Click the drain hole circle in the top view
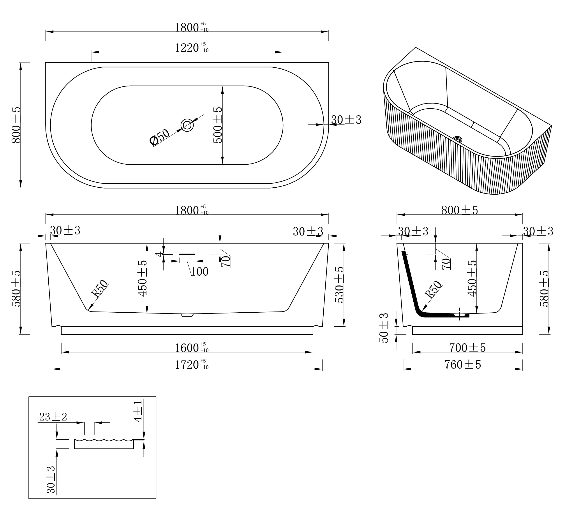[187, 125]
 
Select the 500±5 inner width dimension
[218, 125]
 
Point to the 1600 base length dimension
[192, 348]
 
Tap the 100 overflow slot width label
[200, 272]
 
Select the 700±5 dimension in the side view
[467, 348]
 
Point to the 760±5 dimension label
[463, 364]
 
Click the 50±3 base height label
[384, 328]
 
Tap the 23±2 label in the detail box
[53, 417]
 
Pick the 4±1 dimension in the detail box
[138, 411]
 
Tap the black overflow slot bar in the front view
[187, 254]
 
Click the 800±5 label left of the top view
[16, 125]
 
